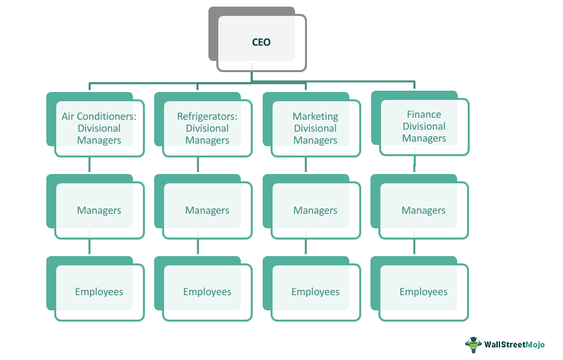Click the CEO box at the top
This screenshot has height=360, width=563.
261,42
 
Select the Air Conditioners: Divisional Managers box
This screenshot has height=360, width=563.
99,128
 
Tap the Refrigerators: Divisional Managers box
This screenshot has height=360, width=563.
207,128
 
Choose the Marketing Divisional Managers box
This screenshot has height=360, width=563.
316,128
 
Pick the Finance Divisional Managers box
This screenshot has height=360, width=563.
424,126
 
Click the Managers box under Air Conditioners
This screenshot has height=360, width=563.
99,210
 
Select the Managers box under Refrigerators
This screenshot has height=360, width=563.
207,210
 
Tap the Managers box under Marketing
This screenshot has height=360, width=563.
316,210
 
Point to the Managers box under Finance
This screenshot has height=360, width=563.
424,210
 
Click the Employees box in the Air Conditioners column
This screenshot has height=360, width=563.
99,292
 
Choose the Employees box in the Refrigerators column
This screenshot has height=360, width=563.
207,292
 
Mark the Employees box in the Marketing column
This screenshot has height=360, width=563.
316,292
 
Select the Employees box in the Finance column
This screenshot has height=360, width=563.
424,292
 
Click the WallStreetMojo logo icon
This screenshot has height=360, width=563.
473,344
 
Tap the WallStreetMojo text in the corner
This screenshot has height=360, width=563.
515,345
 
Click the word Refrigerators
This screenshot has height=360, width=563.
207,116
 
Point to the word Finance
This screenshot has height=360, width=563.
424,114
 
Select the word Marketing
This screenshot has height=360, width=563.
316,116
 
